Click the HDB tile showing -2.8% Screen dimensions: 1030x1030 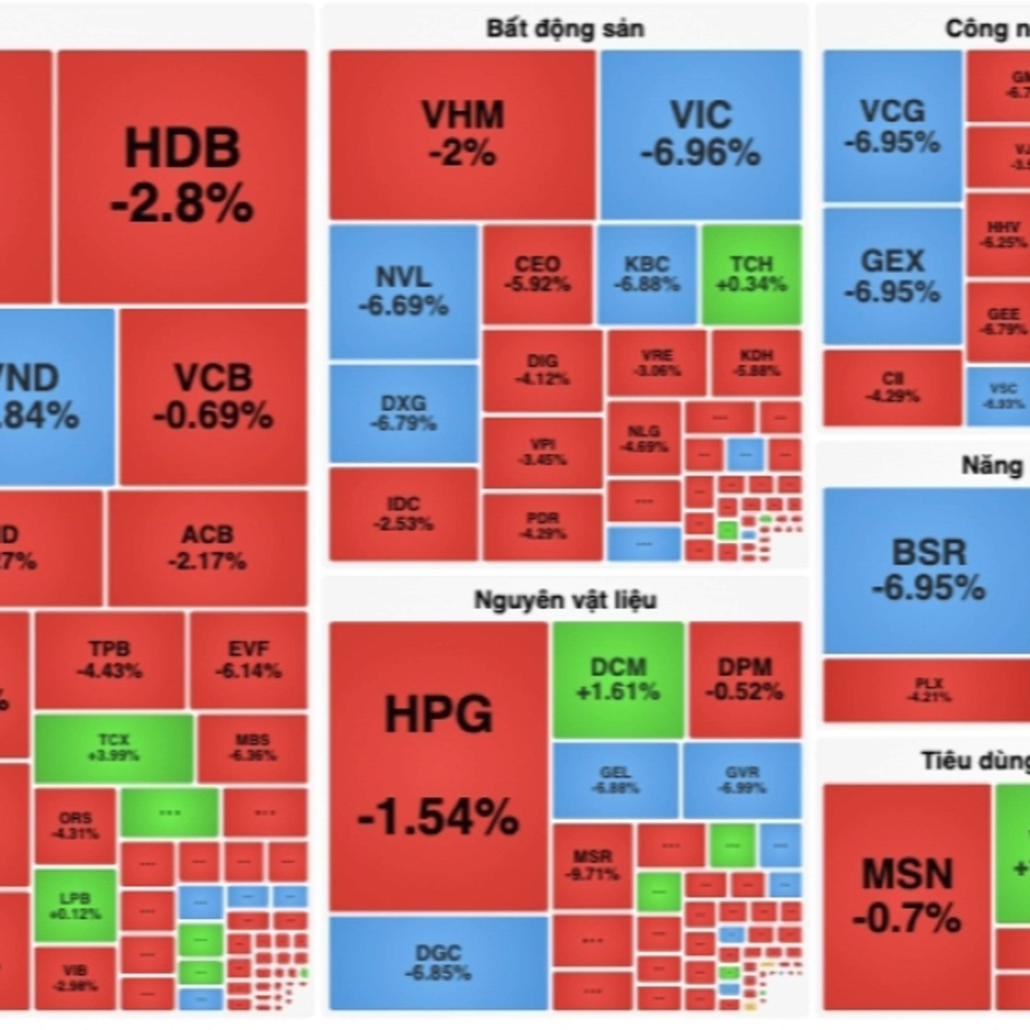(x=182, y=176)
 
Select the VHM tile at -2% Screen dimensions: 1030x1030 (x=462, y=134)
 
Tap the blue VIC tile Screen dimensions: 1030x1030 (x=700, y=134)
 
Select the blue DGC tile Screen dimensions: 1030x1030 (x=438, y=962)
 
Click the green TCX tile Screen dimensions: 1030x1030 (x=114, y=747)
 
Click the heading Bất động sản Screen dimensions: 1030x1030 (x=565, y=29)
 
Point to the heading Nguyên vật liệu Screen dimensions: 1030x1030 (x=565, y=600)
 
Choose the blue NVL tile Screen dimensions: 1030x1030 (x=403, y=291)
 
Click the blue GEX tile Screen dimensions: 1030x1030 (x=892, y=276)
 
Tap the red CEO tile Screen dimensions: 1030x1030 (x=537, y=274)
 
